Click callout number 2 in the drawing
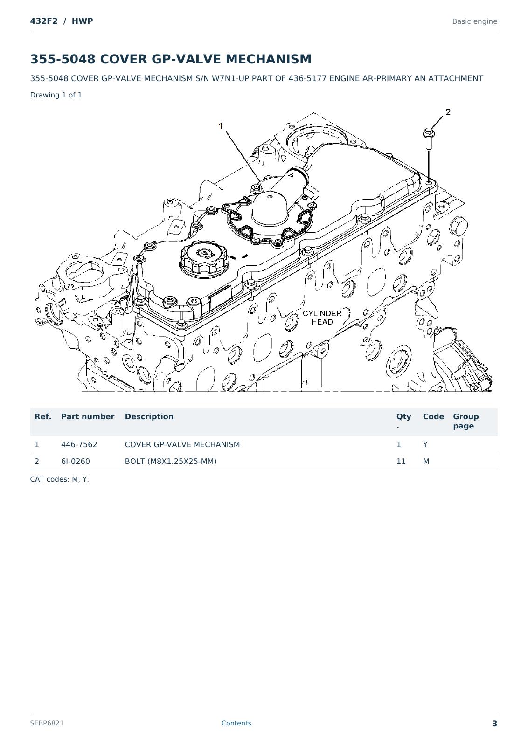tap(448, 112)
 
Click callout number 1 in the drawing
tap(220, 126)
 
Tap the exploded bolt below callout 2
tap(428, 138)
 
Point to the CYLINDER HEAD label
tap(322, 318)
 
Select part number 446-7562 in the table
tap(79, 444)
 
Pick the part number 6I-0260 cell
tap(75, 461)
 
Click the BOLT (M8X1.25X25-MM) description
tap(171, 461)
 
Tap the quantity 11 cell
tap(401, 461)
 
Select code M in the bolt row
tap(426, 461)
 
